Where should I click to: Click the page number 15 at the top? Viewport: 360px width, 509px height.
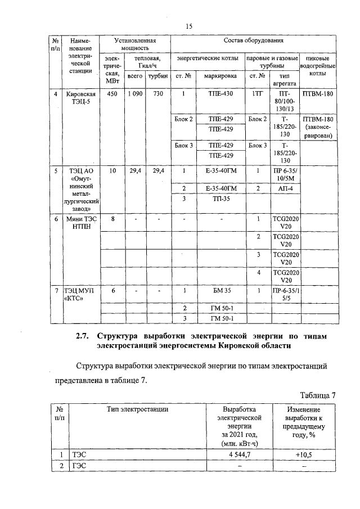[x=189, y=26]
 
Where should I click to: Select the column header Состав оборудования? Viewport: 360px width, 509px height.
[x=253, y=41]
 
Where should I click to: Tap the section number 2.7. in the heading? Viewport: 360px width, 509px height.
[x=84, y=336]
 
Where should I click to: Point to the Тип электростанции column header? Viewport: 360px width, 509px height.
[x=138, y=410]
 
